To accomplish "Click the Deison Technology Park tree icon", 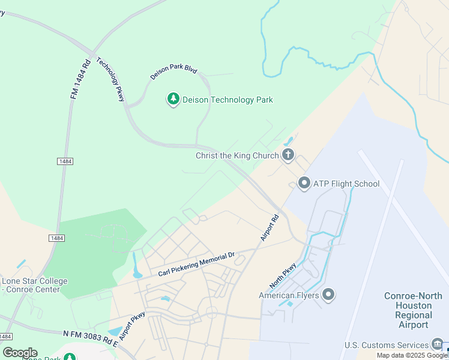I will point(173,99).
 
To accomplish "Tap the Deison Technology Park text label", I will point(228,100).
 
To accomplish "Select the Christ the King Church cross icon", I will point(288,155).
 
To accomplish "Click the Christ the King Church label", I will point(237,156).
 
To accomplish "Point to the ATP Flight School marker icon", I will point(304,183).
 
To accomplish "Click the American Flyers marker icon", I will point(328,295).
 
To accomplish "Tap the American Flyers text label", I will point(288,295).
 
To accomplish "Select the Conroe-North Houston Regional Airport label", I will point(414,310).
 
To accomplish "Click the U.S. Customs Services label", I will point(386,345).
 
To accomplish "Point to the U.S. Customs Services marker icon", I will point(437,344).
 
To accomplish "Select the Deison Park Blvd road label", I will point(173,73).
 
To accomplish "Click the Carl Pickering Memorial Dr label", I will point(196,265).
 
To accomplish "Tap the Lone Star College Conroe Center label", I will point(34,285).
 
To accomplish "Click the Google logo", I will point(20,353).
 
